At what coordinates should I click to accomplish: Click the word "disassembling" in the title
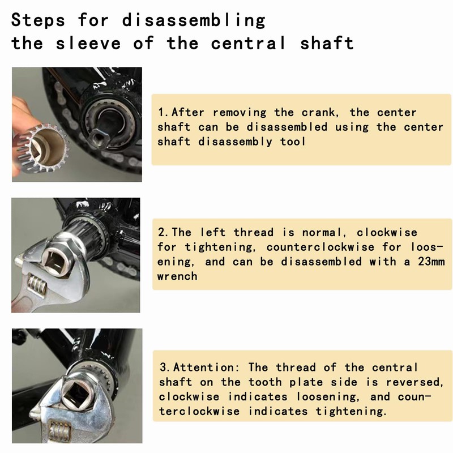[194, 21]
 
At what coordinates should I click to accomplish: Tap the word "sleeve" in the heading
[88, 44]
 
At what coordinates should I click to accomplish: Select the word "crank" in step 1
[320, 112]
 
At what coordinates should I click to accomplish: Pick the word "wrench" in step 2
[177, 276]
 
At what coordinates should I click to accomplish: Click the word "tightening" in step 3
[351, 411]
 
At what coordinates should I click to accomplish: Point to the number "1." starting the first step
[164, 112]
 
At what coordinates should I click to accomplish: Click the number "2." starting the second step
[164, 233]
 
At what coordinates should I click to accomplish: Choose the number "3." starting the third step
[166, 367]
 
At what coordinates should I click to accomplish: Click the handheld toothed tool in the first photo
[44, 148]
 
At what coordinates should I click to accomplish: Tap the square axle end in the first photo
[98, 138]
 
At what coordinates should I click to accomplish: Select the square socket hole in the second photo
[55, 259]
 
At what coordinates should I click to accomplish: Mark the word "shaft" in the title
[327, 44]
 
